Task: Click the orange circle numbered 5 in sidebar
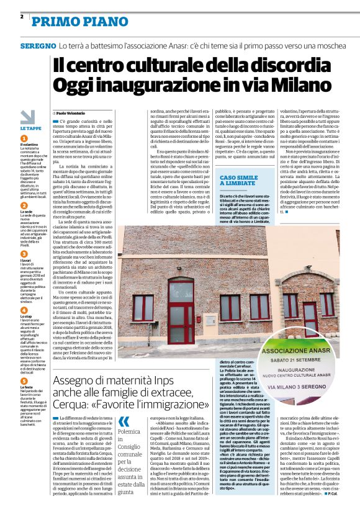click(x=24, y=364)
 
